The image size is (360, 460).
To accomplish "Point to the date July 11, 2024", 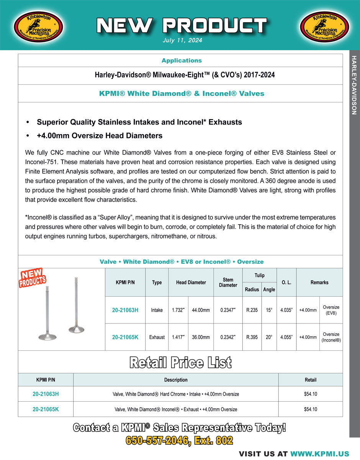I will click(x=183, y=40).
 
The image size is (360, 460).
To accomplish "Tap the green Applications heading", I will click(x=181, y=61).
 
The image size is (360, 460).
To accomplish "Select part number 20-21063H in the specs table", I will click(x=125, y=310).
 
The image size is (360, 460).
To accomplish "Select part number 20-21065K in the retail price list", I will click(x=46, y=409).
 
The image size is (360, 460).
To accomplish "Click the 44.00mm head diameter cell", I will click(x=201, y=310).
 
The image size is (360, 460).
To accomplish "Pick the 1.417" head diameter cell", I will click(x=178, y=337).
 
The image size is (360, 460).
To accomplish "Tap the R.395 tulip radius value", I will click(x=252, y=337).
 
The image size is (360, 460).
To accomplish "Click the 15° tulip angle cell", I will click(x=269, y=310).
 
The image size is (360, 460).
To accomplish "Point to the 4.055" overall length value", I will click(x=286, y=337).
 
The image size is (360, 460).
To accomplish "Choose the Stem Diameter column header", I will click(x=228, y=283).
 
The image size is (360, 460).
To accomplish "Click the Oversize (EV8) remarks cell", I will click(x=331, y=310).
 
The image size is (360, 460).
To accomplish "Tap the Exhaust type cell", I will click(x=157, y=337).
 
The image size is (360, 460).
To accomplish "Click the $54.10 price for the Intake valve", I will click(x=310, y=394).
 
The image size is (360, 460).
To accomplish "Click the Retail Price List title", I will click(x=180, y=362).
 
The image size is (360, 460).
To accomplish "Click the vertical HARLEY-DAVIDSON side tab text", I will click(x=354, y=85).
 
